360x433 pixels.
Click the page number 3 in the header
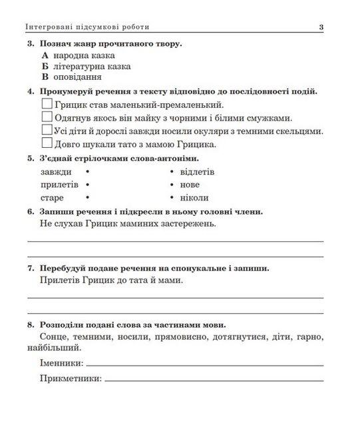(x=321, y=27)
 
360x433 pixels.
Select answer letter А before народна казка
(x=45, y=55)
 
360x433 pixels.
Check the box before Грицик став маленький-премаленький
(x=47, y=105)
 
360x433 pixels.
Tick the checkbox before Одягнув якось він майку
(x=47, y=117)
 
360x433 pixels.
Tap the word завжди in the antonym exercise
(x=56, y=172)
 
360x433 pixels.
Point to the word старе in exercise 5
(x=53, y=197)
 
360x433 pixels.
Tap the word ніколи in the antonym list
(x=194, y=197)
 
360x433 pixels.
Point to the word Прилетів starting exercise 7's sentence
(x=59, y=280)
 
